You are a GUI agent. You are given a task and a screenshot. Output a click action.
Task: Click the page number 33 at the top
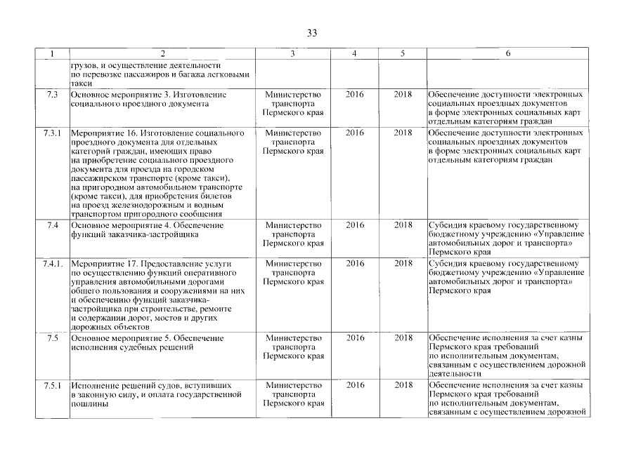(x=313, y=33)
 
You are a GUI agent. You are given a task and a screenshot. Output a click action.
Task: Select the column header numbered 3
(x=292, y=54)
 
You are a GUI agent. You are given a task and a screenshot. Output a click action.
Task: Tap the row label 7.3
(x=52, y=94)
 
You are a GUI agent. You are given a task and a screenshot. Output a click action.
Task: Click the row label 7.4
(x=52, y=225)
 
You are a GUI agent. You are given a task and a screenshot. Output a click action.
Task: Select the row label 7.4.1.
(x=53, y=263)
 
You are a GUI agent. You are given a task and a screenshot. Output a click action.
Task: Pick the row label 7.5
(x=52, y=338)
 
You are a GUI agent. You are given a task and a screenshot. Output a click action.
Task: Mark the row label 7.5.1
(x=53, y=385)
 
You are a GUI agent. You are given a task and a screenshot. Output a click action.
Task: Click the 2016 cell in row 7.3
(x=355, y=94)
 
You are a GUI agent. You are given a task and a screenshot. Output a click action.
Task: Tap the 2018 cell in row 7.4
(x=403, y=225)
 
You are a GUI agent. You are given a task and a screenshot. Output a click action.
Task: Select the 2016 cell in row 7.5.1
(x=355, y=385)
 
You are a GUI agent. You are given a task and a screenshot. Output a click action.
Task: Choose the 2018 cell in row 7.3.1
(x=403, y=133)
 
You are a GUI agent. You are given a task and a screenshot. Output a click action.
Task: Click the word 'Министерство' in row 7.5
(x=292, y=338)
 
